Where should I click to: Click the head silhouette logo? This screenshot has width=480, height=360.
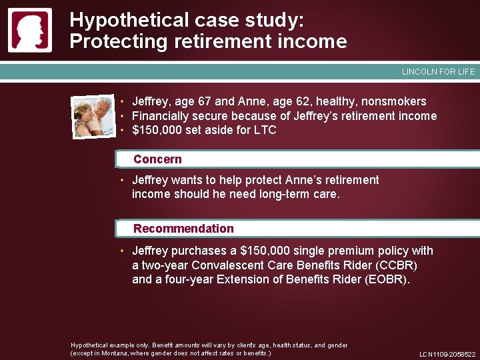click(29, 31)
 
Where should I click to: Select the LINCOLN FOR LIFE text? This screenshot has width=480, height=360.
click(438, 72)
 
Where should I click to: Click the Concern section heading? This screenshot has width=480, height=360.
click(157, 159)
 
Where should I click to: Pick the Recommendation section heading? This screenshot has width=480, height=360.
click(183, 229)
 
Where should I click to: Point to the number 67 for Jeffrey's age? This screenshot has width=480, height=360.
click(202, 101)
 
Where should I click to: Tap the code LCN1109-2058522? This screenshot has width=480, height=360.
click(447, 355)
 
